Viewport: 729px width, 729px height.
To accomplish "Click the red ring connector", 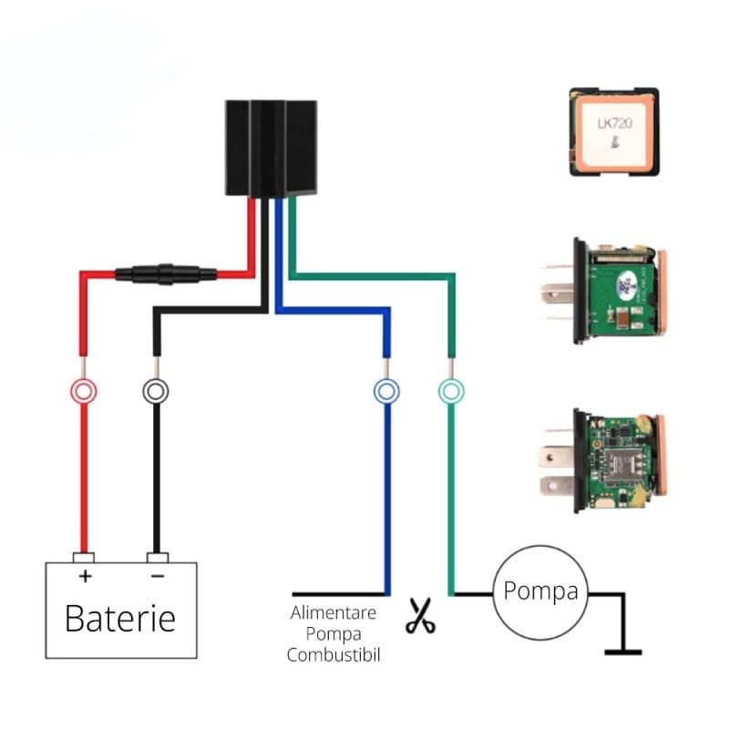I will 84,392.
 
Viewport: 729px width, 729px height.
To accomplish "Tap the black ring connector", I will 157,392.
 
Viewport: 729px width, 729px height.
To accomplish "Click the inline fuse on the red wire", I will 165,272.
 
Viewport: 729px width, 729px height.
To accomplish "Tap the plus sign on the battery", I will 85,576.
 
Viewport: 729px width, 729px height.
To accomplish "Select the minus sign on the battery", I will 157,576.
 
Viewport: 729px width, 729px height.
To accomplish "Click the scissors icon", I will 419,616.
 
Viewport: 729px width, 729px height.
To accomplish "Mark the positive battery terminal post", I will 84,557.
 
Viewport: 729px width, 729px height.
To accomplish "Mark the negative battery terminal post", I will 157,557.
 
